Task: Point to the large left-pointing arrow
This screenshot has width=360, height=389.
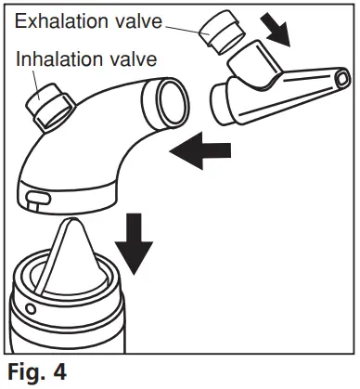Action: pyautogui.click(x=201, y=149)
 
